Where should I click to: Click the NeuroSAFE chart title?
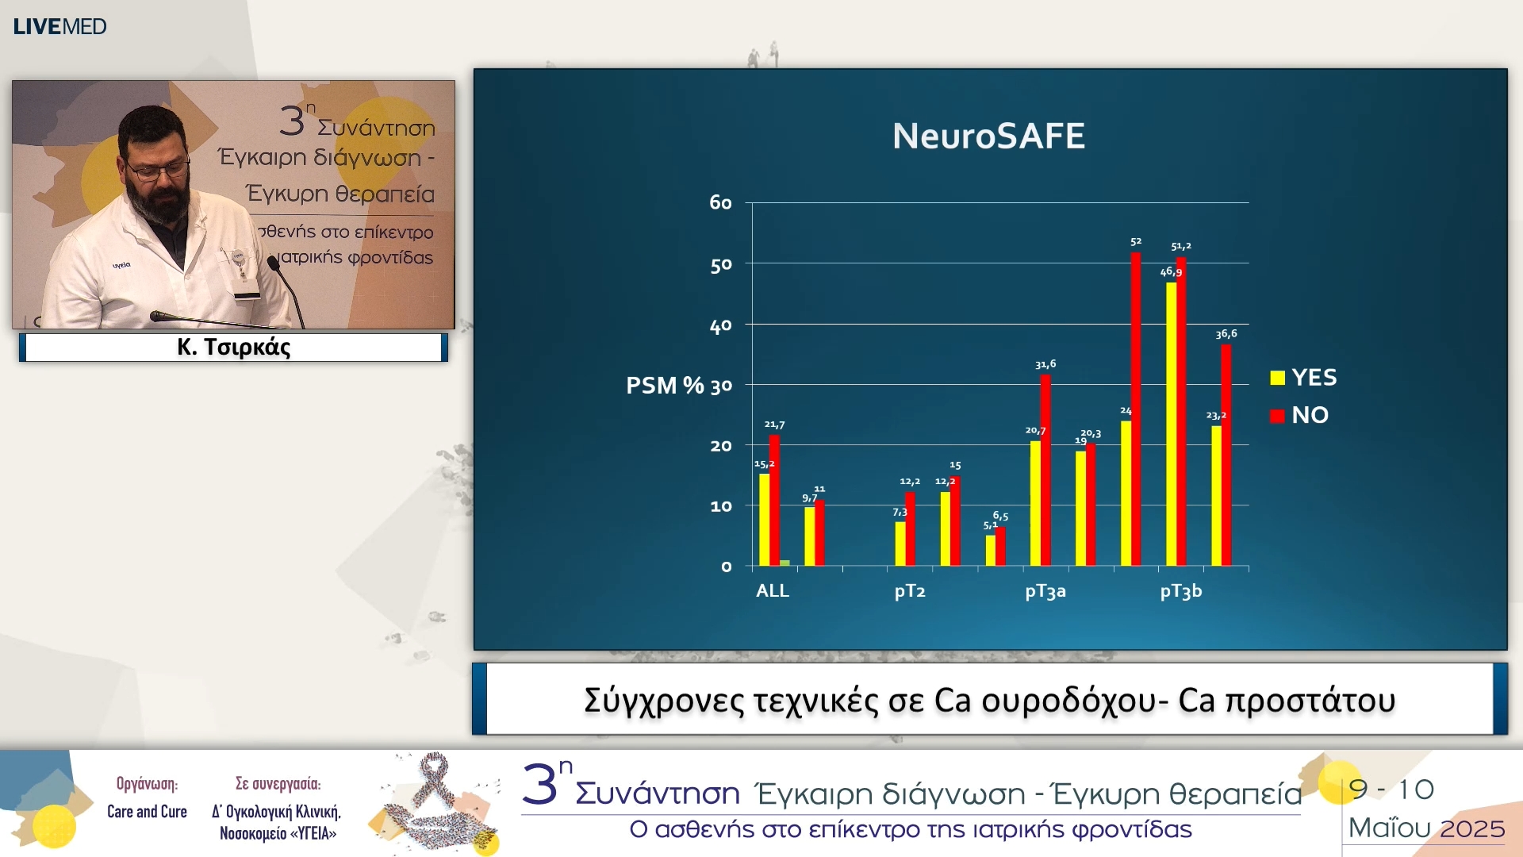coord(988,136)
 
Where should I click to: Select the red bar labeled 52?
coord(1136,409)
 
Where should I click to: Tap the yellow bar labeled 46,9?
coord(1171,424)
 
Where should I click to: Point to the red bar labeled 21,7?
coord(774,500)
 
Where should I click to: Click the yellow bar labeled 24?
coord(1126,493)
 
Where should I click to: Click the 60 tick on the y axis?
coord(720,203)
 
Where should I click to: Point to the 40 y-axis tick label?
coord(720,326)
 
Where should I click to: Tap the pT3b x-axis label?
coord(1180,591)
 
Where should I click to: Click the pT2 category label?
coord(910,591)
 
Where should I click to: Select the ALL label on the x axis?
coord(773,591)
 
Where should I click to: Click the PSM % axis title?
coord(665,386)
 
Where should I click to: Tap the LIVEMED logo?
coord(59,26)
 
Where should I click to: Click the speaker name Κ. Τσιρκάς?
coord(234,348)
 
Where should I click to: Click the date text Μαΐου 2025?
coord(1426,828)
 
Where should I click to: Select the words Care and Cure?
coord(147,812)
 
